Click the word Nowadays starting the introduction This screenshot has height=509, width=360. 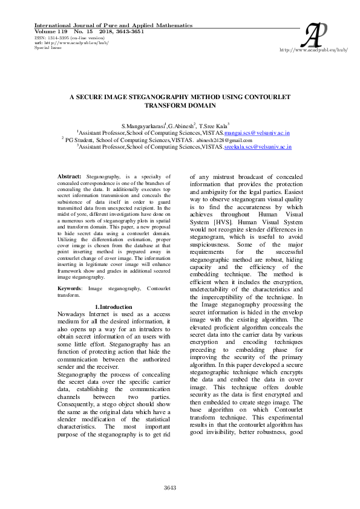tap(70, 315)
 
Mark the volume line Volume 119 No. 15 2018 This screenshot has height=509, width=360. tap(91, 31)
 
